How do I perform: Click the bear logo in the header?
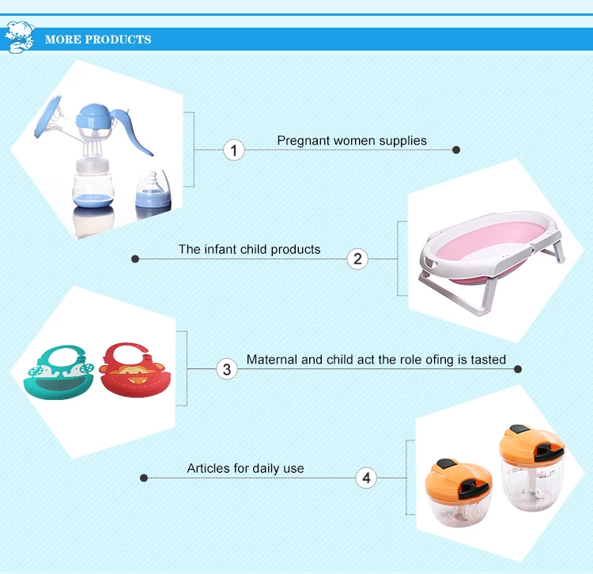tap(20, 37)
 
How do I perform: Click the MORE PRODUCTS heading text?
tap(98, 40)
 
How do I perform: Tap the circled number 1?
tap(234, 150)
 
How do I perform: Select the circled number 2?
tap(357, 259)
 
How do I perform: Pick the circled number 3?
tap(227, 369)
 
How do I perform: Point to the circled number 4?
tap(366, 478)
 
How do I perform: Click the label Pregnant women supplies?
tap(352, 141)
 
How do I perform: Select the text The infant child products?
tap(249, 250)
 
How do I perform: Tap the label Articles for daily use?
tap(245, 469)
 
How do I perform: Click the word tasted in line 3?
tap(489, 360)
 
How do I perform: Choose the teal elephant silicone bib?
tap(59, 372)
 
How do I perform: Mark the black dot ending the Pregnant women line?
tap(456, 150)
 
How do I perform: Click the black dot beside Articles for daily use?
tap(144, 478)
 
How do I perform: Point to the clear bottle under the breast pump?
tap(93, 185)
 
